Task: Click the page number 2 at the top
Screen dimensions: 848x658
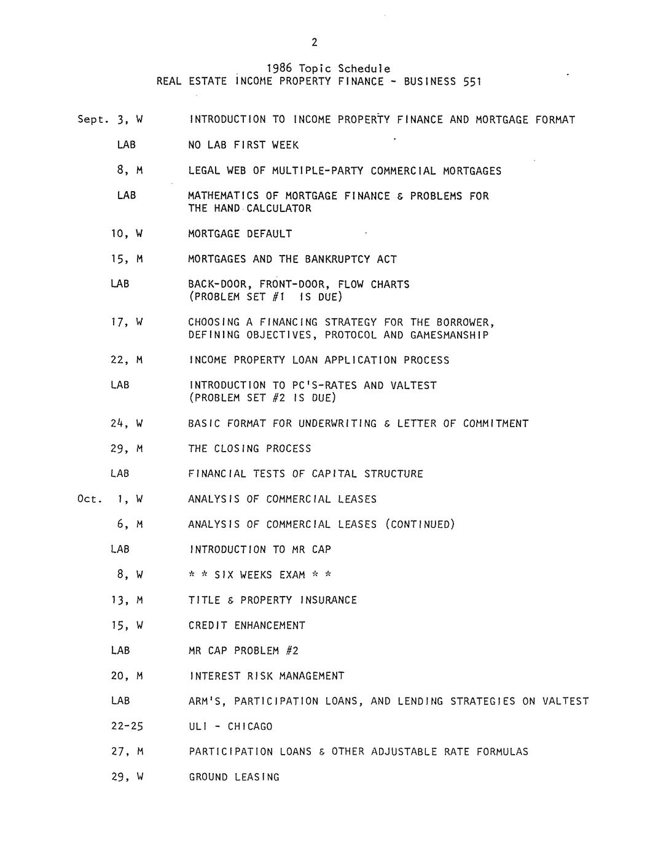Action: click(315, 42)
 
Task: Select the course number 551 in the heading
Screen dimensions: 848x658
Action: click(472, 81)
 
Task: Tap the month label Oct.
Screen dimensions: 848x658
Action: click(89, 499)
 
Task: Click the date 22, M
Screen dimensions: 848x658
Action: click(127, 360)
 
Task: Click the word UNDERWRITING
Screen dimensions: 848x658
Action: click(337, 423)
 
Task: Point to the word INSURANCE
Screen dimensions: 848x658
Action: click(328, 600)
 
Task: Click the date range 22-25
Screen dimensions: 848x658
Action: click(127, 726)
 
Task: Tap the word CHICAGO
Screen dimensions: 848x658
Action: click(249, 726)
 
